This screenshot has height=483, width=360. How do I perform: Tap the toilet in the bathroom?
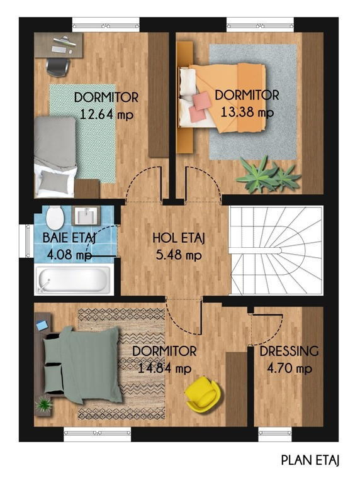coord(55,218)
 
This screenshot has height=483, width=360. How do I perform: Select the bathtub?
coord(73,279)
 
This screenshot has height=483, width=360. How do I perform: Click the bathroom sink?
coord(86,216)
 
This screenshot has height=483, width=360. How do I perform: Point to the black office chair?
coord(57,67)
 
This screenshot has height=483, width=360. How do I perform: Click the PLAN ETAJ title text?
coord(310,460)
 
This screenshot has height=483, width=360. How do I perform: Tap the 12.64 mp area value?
coord(106,115)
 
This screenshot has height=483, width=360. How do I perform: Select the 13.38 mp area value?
coord(247,113)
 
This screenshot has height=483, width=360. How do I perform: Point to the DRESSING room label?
coord(289,352)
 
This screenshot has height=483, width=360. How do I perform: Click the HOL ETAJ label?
coord(179,238)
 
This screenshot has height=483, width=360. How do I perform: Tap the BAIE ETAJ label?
coord(70,238)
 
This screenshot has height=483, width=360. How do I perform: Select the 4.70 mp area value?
coord(290,369)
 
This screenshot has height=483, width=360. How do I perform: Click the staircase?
coord(276,250)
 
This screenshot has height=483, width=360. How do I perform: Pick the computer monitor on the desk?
coord(65,41)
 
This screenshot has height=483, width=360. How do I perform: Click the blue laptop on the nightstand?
coord(42,325)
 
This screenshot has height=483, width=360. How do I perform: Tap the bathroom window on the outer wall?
coord(27,241)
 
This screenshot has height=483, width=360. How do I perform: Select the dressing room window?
coord(274,433)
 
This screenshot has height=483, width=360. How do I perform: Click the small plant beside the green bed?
coord(44,404)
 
